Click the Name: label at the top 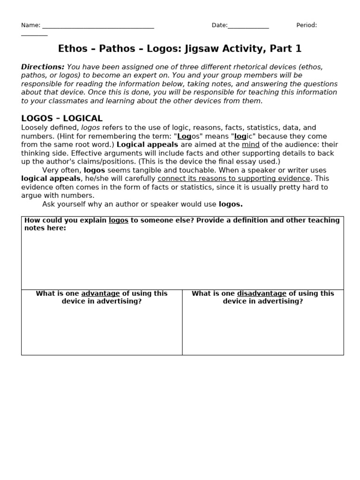(30, 25)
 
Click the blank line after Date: (248, 26)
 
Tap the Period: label (307, 25)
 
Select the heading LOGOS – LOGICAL (62, 119)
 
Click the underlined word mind (250, 145)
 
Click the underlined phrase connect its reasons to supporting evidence (233, 179)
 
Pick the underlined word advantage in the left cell (100, 293)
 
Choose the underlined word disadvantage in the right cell (262, 293)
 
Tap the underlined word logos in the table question (118, 220)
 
